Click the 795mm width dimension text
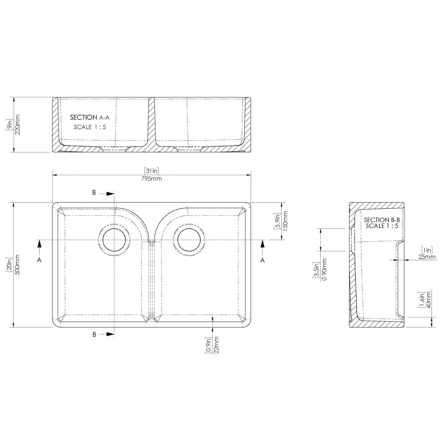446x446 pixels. point(151,179)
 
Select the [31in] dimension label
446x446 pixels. point(151,171)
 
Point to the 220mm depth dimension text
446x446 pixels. point(18,124)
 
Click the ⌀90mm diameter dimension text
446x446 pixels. point(324,271)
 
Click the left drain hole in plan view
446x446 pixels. point(114,240)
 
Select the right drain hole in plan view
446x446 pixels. point(189,240)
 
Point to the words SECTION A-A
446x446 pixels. point(90,118)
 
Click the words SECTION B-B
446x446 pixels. point(381,220)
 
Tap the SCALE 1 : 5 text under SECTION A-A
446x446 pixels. point(90,127)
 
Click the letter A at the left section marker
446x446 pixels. point(39,260)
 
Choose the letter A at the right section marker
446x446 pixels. point(262,260)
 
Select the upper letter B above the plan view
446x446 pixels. point(94,193)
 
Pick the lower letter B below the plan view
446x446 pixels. point(94,334)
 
